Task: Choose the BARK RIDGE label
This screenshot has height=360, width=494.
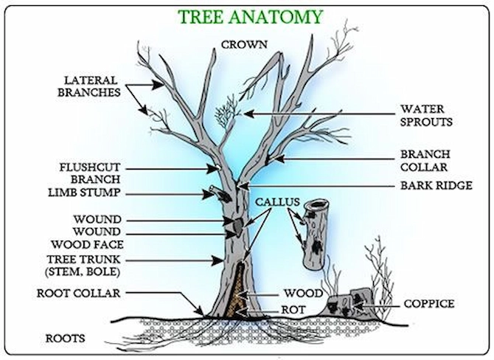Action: pyautogui.click(x=435, y=186)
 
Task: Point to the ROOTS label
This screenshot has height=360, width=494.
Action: pyautogui.click(x=65, y=339)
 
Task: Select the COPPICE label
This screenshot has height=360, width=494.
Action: pyautogui.click(x=428, y=303)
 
